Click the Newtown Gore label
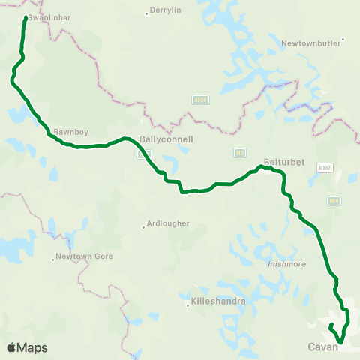pos(82,256)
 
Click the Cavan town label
pos(323,347)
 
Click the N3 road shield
pos(240,152)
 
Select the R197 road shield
pos(324,168)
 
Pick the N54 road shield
pos(334,200)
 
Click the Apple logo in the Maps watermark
pos(11,347)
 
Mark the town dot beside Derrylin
pos(145,13)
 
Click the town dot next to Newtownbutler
pos(343,40)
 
